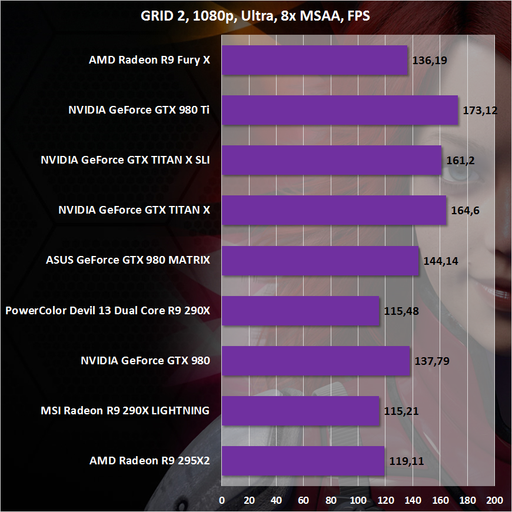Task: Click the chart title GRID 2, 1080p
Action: click(255, 16)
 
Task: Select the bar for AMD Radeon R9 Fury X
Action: click(315, 61)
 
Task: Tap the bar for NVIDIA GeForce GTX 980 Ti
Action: click(340, 110)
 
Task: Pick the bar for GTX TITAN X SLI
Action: click(331, 160)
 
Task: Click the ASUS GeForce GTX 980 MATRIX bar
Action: click(321, 261)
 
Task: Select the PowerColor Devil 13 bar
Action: click(301, 311)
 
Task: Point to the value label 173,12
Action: click(480, 110)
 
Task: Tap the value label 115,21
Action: click(401, 411)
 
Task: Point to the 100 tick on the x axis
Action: click(358, 500)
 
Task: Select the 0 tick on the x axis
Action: click(222, 500)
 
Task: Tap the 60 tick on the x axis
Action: click(304, 500)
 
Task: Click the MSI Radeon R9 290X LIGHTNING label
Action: click(124, 411)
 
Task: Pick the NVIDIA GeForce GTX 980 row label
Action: click(145, 361)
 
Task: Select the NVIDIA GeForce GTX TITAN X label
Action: click(134, 210)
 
